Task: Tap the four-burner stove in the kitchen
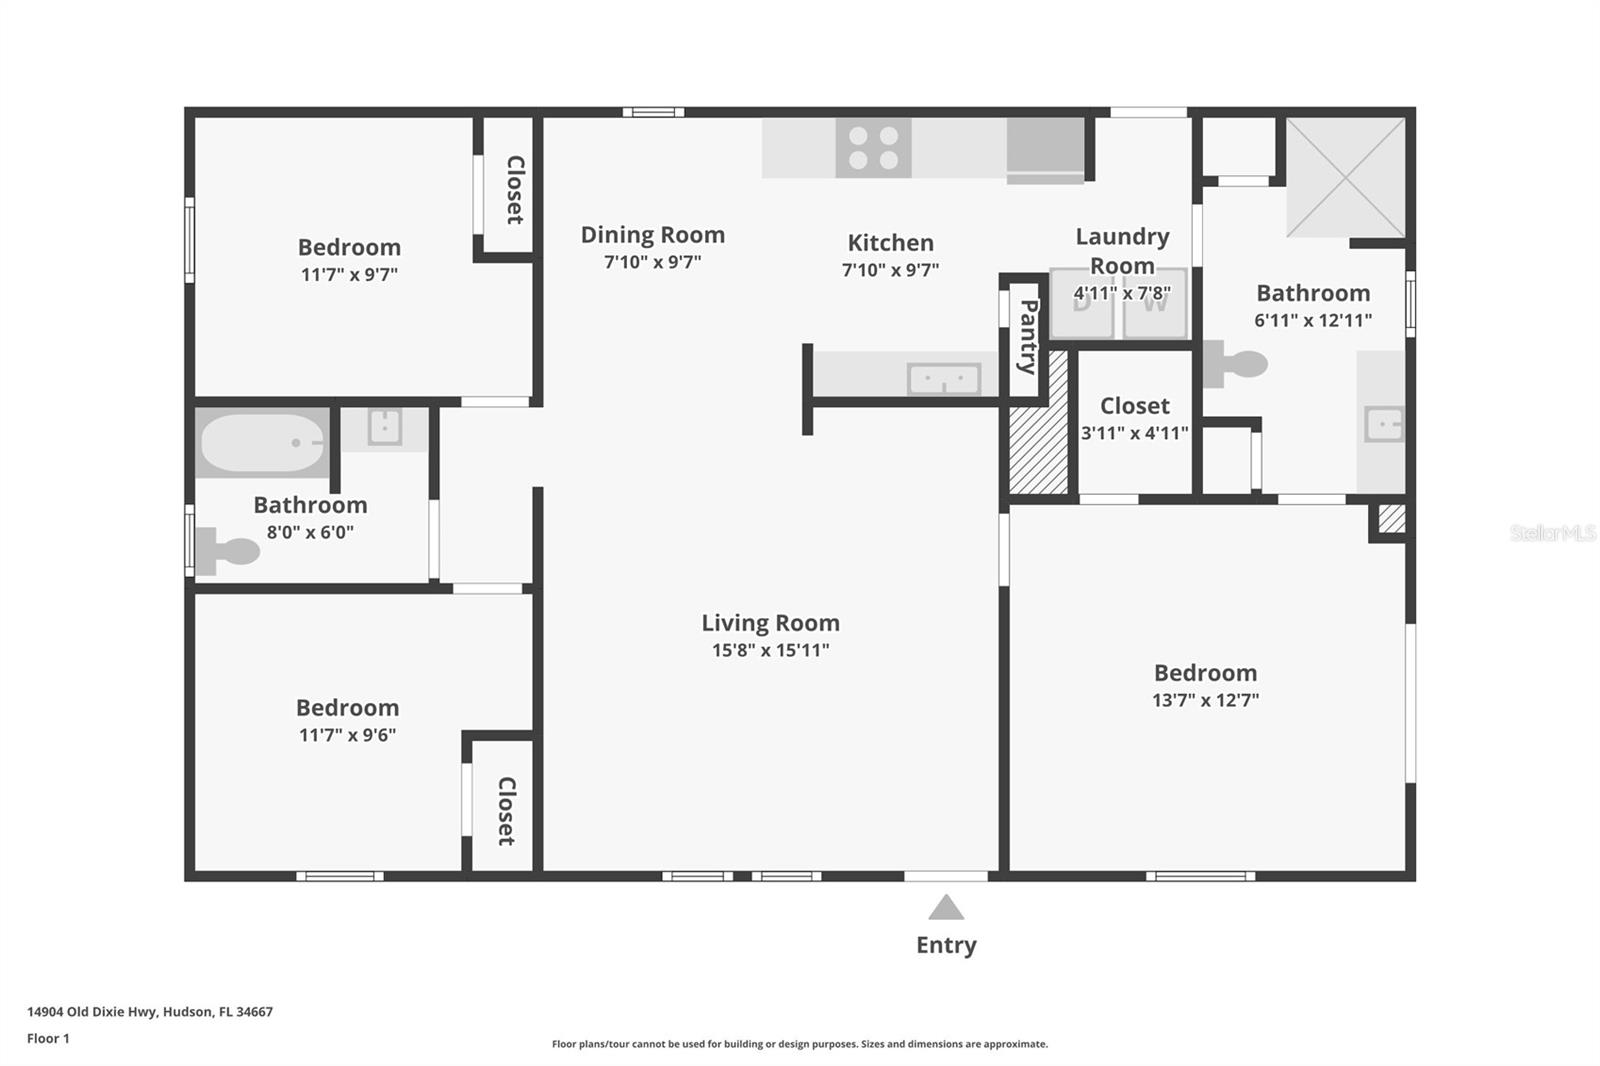(x=874, y=148)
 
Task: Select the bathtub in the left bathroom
(x=262, y=443)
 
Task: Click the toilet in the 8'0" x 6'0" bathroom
(x=227, y=552)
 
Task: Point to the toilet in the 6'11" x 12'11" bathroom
(x=1236, y=364)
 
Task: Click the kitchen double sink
(x=944, y=379)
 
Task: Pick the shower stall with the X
(x=1346, y=177)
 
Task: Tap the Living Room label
(x=770, y=623)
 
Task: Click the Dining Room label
(x=652, y=235)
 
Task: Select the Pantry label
(x=1027, y=337)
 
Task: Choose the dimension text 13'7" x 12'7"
(x=1205, y=700)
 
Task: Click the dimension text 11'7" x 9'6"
(x=347, y=735)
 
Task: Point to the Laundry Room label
(x=1122, y=251)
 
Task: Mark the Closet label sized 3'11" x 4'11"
(x=1134, y=406)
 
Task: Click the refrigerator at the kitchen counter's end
(x=1046, y=151)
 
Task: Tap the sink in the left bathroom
(x=384, y=427)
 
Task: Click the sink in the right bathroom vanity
(x=1384, y=424)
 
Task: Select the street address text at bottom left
(x=150, y=1012)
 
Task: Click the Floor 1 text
(x=48, y=1039)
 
